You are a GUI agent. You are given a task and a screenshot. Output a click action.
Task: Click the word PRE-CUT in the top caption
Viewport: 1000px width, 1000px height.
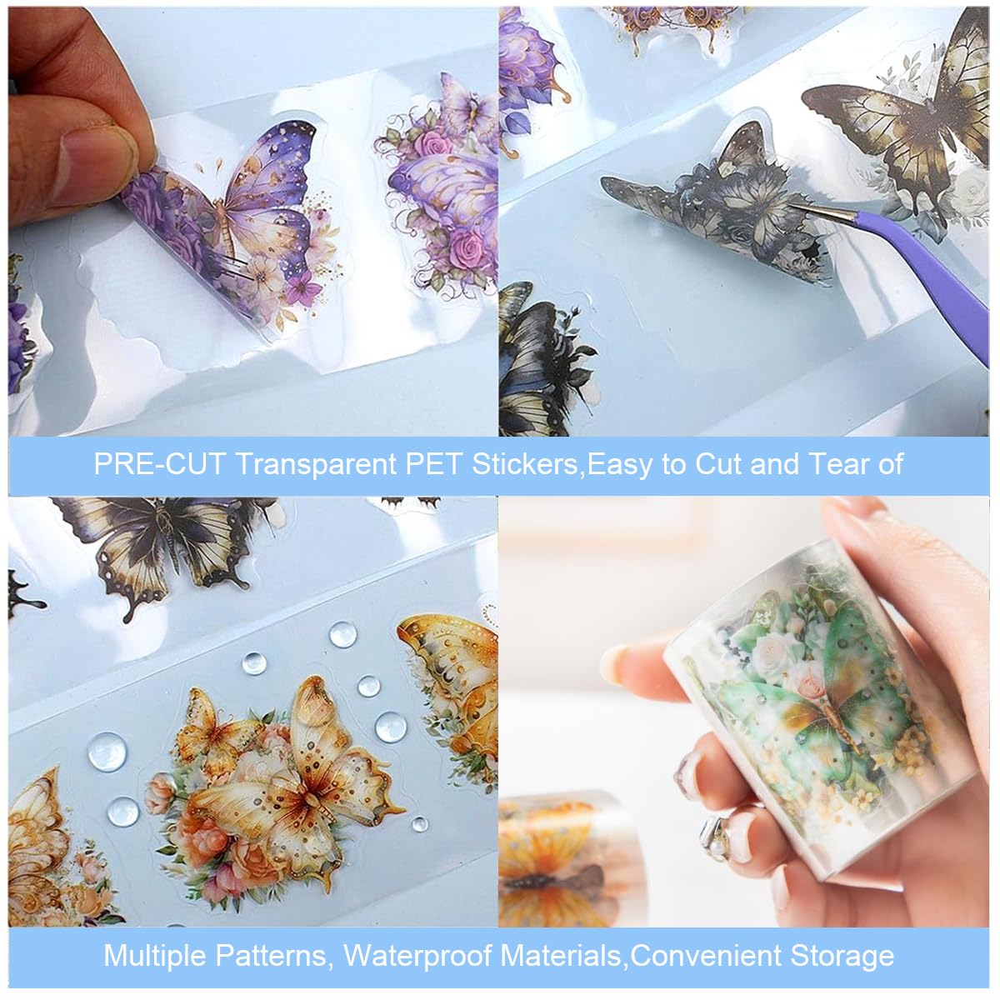[x=158, y=464]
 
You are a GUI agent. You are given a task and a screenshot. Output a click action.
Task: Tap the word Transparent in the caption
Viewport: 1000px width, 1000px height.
[x=317, y=465]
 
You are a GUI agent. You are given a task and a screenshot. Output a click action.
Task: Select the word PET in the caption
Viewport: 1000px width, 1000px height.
[x=434, y=464]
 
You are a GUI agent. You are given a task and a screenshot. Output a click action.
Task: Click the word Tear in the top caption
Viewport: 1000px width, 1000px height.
[x=834, y=464]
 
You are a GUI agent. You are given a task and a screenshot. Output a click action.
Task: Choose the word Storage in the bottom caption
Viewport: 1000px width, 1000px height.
[x=842, y=957]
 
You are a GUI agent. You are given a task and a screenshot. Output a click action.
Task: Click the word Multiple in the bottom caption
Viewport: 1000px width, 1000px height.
[x=162, y=956]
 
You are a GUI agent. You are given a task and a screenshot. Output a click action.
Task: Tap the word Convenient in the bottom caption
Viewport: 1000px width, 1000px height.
[x=706, y=956]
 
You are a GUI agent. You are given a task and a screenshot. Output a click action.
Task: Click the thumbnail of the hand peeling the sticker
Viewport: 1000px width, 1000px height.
[x=252, y=222]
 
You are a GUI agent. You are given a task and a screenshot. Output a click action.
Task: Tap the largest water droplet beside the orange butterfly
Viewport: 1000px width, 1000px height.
[x=107, y=752]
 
